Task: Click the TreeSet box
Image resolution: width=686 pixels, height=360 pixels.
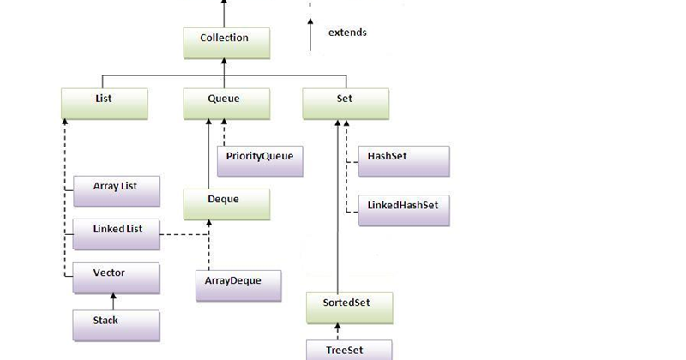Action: click(x=350, y=350)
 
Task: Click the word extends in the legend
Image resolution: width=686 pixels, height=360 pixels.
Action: click(x=347, y=33)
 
